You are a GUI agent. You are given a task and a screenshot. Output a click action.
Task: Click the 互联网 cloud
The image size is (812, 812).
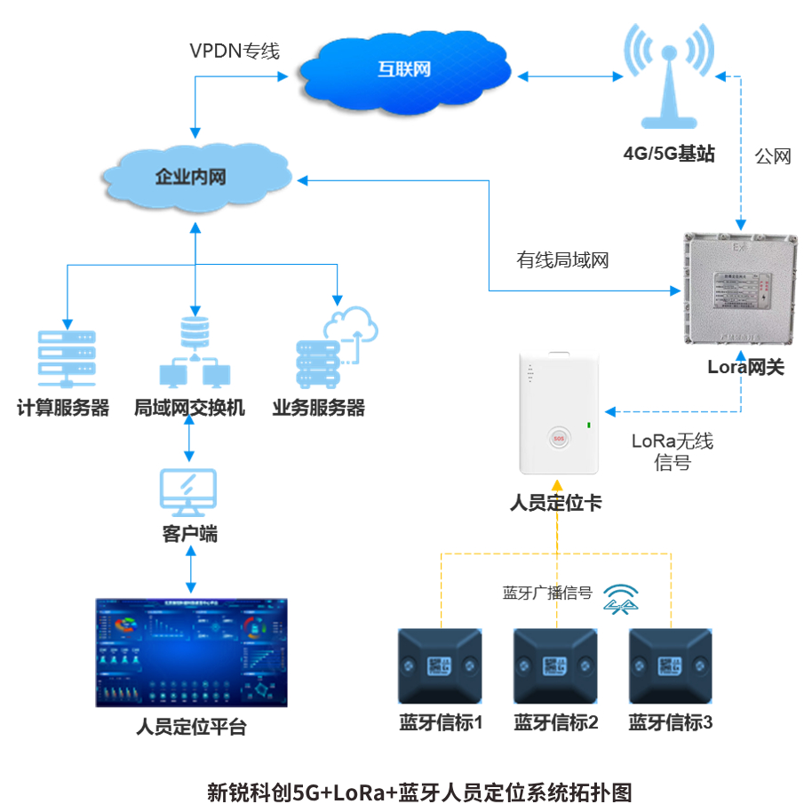(x=404, y=69)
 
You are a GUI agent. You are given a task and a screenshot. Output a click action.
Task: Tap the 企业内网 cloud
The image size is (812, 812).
(x=192, y=177)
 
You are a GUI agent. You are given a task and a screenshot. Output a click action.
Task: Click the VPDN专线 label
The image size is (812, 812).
(x=235, y=52)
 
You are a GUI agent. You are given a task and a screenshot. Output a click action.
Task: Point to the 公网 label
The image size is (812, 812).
(x=773, y=156)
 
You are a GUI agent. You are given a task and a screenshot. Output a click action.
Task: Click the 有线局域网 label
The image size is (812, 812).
(x=563, y=260)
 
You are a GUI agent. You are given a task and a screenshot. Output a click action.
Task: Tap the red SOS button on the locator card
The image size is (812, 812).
(x=559, y=437)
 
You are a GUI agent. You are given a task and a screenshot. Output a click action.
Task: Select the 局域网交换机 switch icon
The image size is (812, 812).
(x=191, y=352)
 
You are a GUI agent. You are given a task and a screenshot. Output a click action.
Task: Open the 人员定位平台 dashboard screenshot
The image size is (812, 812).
(x=192, y=652)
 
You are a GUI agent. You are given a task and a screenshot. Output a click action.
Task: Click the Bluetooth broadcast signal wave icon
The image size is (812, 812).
(x=621, y=597)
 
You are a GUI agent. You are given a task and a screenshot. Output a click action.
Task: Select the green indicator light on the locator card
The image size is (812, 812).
(x=588, y=426)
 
